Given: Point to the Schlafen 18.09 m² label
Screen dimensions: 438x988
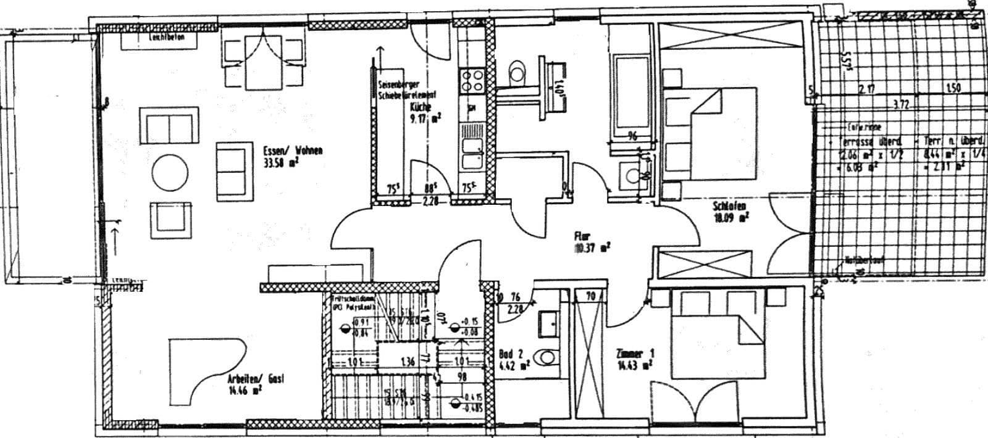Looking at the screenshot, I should pos(731,211).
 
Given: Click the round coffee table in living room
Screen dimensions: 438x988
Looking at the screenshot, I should pos(170,173).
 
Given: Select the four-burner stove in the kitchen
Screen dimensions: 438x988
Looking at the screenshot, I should pos(472,81).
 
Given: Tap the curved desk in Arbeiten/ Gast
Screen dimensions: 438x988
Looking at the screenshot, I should pos(207,366).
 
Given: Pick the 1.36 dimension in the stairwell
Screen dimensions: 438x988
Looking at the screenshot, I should pos(406,362).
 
